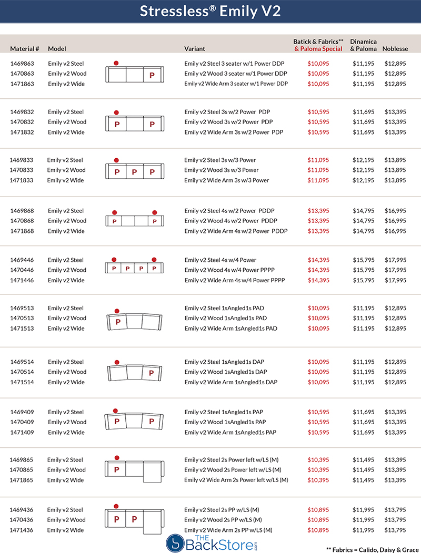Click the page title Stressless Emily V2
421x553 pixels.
[x=210, y=12]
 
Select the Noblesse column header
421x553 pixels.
[x=395, y=49]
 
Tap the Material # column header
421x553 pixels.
[x=25, y=49]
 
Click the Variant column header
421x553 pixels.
[x=195, y=49]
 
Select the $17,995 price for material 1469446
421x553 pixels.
[x=395, y=260]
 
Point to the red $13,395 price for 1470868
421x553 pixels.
[x=318, y=221]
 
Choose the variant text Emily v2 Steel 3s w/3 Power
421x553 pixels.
[x=221, y=160]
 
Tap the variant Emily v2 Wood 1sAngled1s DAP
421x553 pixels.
[x=226, y=372]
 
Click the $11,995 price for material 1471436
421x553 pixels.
[x=363, y=530]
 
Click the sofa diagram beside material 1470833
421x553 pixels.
[x=135, y=171]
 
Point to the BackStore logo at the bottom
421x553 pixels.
[x=210, y=542]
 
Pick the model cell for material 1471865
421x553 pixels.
[x=65, y=480]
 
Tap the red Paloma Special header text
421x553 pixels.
[x=318, y=49]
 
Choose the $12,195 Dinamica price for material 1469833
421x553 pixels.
[x=363, y=160]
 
